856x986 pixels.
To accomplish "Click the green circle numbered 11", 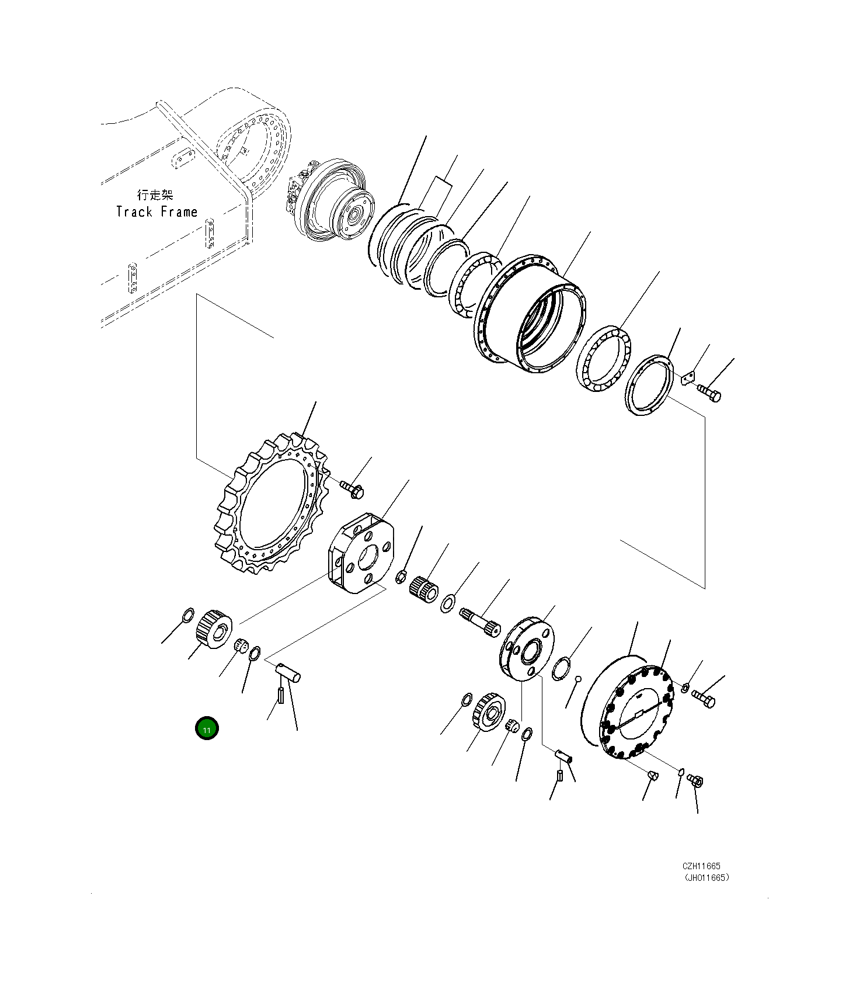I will coord(207,728).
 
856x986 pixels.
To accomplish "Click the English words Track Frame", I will coord(156,212).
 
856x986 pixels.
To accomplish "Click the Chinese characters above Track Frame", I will coord(155,195).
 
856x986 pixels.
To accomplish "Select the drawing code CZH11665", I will coord(701,866).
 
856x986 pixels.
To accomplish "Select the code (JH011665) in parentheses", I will coord(707,877).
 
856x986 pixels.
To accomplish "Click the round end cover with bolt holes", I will coord(636,713).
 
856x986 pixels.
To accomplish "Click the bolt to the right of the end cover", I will coord(704,698).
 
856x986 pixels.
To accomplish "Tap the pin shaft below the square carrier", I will coord(288,672).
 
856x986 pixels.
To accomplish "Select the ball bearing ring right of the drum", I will coord(603,359).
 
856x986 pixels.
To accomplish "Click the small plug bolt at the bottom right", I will coord(695,780).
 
